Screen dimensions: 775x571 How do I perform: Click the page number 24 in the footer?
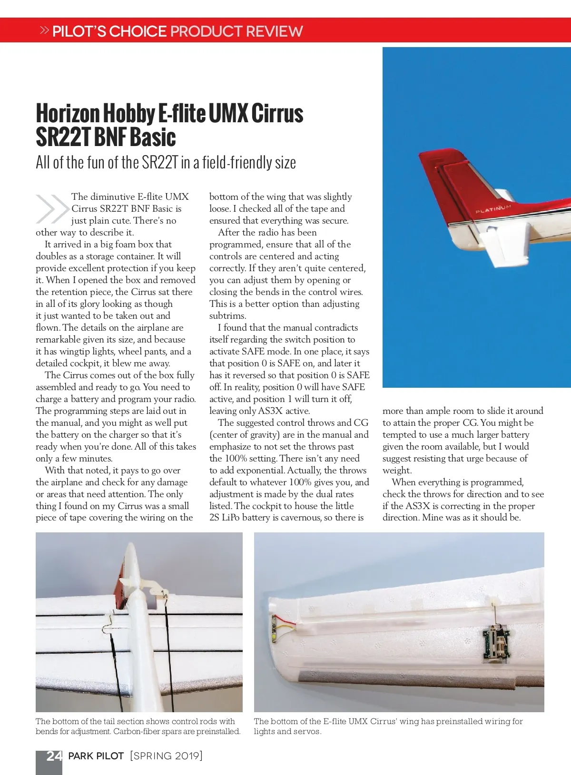pos(54,756)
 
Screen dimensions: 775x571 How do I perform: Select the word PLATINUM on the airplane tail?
pos(493,208)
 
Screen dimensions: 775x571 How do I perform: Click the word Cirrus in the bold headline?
pos(277,114)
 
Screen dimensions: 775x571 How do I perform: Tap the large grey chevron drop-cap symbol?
pos(52,209)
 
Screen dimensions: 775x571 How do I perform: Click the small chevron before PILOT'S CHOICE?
pos(44,30)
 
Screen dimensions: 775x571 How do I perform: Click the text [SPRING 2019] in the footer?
pos(166,756)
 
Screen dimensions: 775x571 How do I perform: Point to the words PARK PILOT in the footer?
pos(96,756)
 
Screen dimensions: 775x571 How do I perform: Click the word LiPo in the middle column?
pos(231,518)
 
